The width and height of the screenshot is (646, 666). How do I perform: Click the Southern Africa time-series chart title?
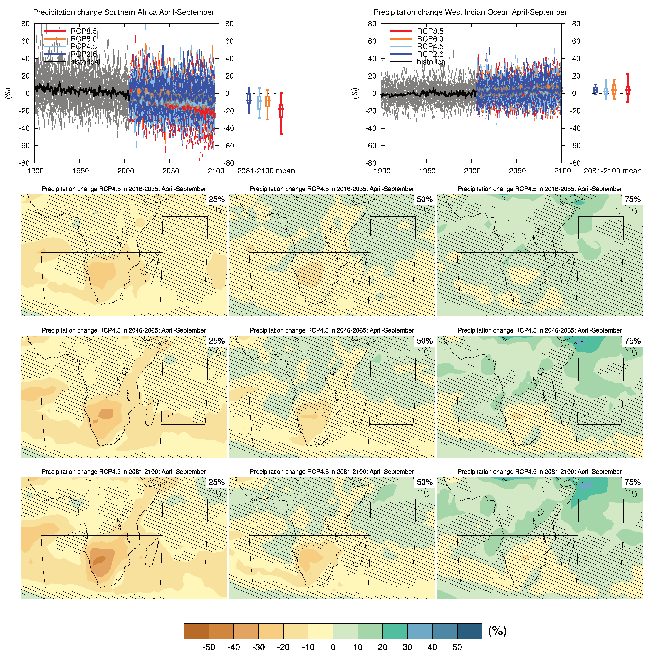pyautogui.click(x=123, y=12)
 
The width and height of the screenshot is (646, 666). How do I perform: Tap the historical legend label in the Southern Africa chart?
pyautogui.click(x=85, y=62)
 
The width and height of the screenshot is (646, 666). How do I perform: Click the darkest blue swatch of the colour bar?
pyautogui.click(x=469, y=631)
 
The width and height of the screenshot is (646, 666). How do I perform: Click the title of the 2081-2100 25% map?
pyautogui.click(x=124, y=472)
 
